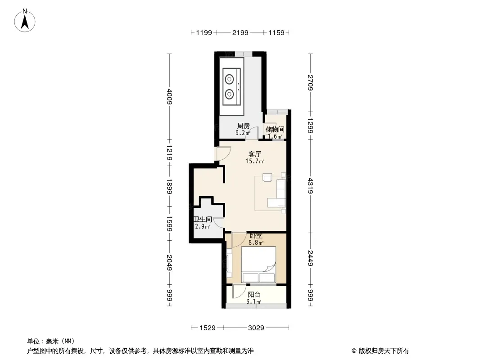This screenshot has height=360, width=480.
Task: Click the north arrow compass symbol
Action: point(25,21)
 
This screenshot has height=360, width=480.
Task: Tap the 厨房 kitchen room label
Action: point(244,126)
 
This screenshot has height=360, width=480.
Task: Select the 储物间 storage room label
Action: point(275,130)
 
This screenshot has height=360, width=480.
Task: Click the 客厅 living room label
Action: point(255,154)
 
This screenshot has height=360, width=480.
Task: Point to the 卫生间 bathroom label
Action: point(203,219)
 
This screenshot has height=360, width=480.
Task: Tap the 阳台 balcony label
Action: point(254,295)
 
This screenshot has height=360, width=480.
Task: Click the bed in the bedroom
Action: point(258,265)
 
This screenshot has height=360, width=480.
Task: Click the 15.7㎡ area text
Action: point(255,161)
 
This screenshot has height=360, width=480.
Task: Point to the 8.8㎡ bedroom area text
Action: point(256,243)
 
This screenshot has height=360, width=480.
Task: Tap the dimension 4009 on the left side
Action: point(170,97)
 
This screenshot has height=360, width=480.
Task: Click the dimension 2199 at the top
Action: point(240,32)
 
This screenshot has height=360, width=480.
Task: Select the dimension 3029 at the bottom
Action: point(256,328)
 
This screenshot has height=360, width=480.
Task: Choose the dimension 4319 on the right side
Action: point(310,186)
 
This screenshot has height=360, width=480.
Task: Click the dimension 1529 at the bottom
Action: point(208,328)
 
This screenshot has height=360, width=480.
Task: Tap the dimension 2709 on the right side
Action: point(310,83)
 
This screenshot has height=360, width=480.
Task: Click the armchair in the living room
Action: point(267,177)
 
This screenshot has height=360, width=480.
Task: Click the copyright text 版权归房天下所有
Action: point(384,351)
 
